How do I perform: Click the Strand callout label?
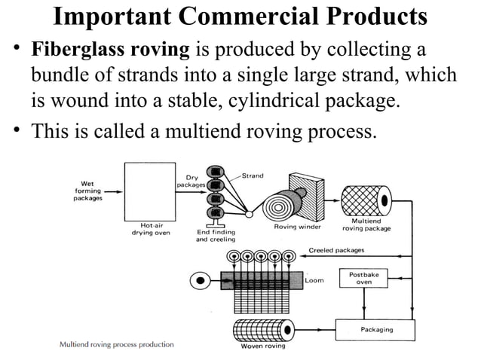(x=253, y=175)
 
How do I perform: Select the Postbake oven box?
(x=364, y=278)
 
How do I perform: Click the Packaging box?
(x=375, y=329)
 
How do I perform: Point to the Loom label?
(x=314, y=280)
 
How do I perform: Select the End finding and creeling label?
(x=217, y=236)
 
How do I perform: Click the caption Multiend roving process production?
(x=117, y=344)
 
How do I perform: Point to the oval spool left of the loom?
(x=201, y=280)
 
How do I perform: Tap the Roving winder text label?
(x=296, y=226)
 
